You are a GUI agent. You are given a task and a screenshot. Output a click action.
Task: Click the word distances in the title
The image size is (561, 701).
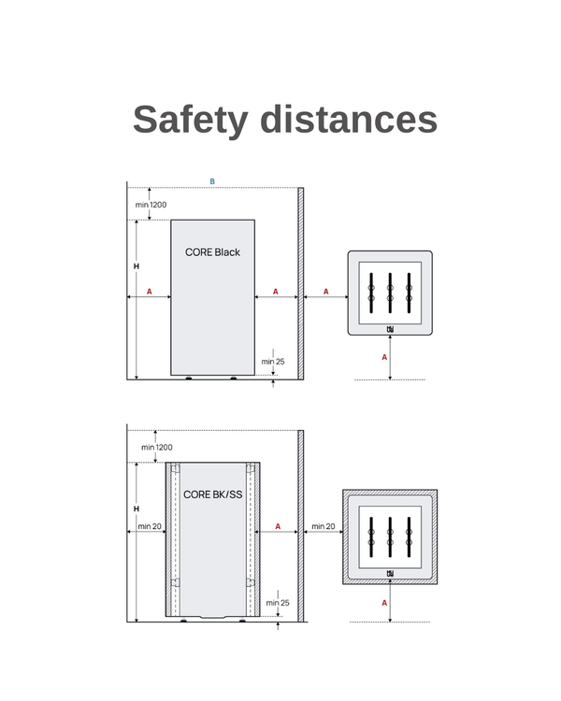(348, 120)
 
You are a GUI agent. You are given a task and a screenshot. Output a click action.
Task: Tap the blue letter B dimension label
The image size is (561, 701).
(212, 181)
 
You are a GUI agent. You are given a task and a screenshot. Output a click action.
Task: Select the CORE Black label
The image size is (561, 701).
(212, 252)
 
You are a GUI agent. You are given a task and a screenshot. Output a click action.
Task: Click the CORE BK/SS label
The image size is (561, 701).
(212, 494)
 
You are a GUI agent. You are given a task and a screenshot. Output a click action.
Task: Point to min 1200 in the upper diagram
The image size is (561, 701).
(151, 204)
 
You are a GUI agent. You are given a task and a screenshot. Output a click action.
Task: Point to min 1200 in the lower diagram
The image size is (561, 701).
(157, 447)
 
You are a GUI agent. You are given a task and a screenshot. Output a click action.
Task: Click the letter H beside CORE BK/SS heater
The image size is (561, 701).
(137, 509)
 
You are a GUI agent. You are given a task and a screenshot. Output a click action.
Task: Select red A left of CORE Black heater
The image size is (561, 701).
(149, 292)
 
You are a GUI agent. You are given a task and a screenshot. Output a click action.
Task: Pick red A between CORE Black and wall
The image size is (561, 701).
(275, 292)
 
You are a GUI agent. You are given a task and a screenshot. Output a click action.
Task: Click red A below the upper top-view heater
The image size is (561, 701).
(384, 357)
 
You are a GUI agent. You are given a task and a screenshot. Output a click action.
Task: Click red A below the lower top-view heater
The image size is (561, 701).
(384, 603)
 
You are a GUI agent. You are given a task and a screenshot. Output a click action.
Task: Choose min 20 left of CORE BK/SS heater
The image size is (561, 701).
(150, 526)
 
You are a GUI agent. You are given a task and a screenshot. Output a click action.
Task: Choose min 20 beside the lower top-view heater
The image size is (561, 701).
(324, 526)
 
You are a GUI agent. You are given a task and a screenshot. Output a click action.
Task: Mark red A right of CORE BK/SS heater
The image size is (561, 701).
(278, 526)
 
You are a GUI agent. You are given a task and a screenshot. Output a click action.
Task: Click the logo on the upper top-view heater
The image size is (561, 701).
(390, 328)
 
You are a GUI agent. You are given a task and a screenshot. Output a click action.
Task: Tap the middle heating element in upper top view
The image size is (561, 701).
(390, 293)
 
